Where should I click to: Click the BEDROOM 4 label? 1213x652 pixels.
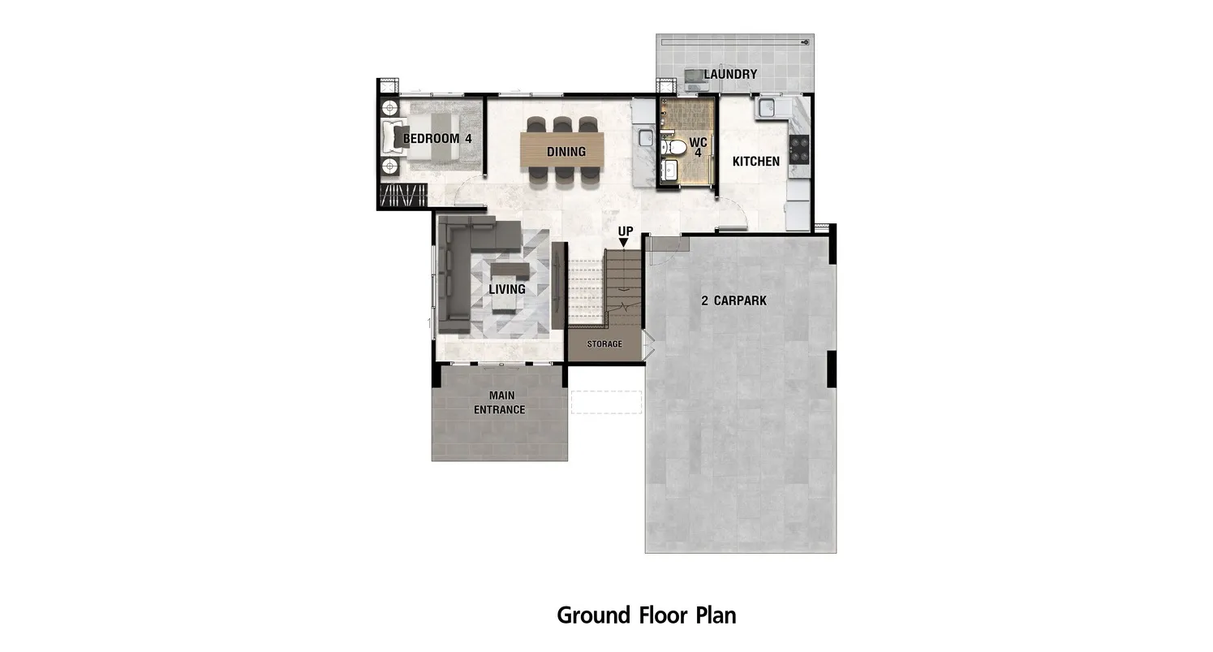(437, 139)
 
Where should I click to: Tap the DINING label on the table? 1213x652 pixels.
(566, 152)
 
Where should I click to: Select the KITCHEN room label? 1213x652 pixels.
(756, 161)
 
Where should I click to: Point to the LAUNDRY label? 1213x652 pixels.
(730, 74)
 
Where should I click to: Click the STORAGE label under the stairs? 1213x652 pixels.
(604, 344)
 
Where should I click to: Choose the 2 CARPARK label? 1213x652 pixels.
(733, 300)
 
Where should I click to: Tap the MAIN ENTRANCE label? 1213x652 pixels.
(499, 403)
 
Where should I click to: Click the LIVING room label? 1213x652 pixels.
(507, 289)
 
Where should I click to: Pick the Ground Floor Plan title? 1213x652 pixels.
(647, 615)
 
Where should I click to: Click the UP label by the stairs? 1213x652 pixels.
(626, 231)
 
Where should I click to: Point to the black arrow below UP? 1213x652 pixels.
(623, 243)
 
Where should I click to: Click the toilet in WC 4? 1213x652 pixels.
(673, 147)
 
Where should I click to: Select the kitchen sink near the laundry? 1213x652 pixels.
(766, 107)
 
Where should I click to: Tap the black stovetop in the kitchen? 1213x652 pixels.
(799, 149)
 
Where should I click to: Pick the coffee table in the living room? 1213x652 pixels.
(510, 270)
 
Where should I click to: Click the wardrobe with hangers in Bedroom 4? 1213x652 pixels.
(403, 195)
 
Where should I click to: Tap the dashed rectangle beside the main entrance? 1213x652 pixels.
(606, 403)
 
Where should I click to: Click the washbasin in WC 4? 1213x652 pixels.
(669, 171)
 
